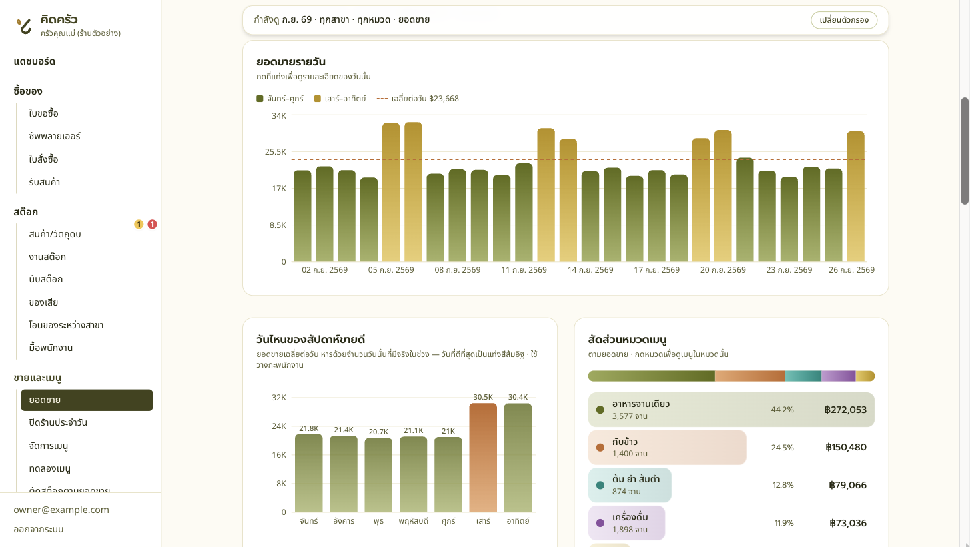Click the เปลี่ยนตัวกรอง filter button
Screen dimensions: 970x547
pos(844,20)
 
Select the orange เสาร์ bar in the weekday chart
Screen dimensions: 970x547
pos(483,457)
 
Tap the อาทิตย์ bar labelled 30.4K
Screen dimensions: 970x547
pos(518,457)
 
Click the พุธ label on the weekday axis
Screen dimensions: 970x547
pos(378,521)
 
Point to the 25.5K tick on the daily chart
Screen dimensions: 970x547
pos(276,152)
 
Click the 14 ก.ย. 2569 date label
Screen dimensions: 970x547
pos(590,270)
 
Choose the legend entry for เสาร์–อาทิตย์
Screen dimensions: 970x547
pos(340,99)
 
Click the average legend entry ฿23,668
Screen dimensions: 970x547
pos(418,99)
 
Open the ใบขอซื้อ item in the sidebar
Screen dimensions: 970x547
pos(43,113)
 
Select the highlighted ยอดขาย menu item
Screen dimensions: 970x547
pos(87,400)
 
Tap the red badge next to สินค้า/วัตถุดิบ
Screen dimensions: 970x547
pos(152,224)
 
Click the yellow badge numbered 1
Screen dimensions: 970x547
pos(139,224)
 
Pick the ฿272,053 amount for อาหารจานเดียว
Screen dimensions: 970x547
pos(845,410)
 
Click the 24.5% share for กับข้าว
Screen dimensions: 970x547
pos(782,448)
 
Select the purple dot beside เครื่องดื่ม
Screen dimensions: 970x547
pos(600,523)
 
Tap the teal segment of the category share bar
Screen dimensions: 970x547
pos(803,376)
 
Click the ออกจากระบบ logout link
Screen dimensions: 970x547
pos(39,529)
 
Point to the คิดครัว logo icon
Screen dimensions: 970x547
pos(24,25)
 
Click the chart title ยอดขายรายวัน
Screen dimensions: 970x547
pos(291,62)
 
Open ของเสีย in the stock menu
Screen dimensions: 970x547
pos(43,302)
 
